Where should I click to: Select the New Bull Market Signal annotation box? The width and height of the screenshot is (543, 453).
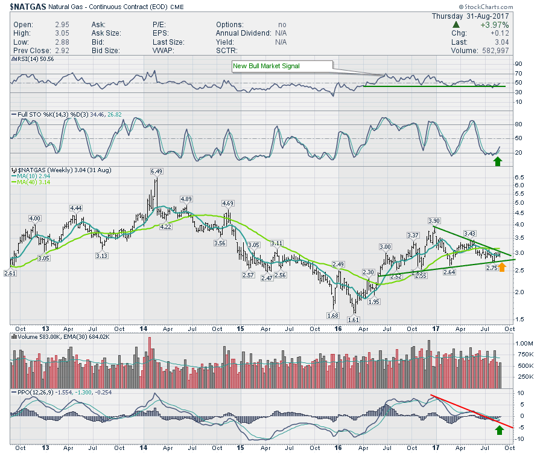pyautogui.click(x=282, y=66)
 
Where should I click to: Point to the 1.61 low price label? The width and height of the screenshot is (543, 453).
pyautogui.click(x=354, y=320)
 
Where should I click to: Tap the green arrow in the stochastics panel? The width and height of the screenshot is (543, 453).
pyautogui.click(x=498, y=161)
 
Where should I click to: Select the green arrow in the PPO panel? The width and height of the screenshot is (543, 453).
pyautogui.click(x=499, y=429)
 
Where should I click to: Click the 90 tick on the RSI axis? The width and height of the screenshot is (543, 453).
pyautogui.click(x=518, y=63)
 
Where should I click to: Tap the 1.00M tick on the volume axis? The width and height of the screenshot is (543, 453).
pyautogui.click(x=521, y=343)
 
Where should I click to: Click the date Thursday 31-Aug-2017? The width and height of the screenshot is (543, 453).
pyautogui.click(x=471, y=16)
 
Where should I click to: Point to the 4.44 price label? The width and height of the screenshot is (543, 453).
pyautogui.click(x=75, y=208)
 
